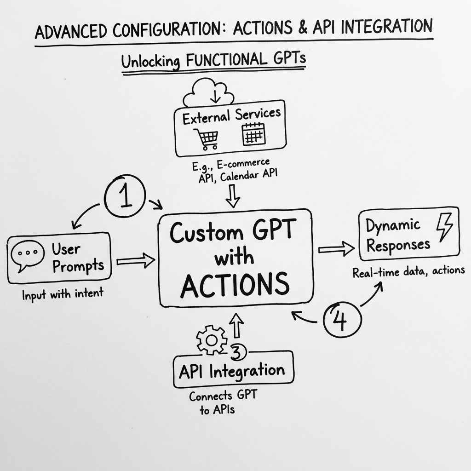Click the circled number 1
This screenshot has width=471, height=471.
[125, 196]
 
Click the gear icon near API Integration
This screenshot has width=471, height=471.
[211, 340]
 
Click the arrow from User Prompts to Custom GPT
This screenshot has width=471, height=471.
[136, 261]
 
